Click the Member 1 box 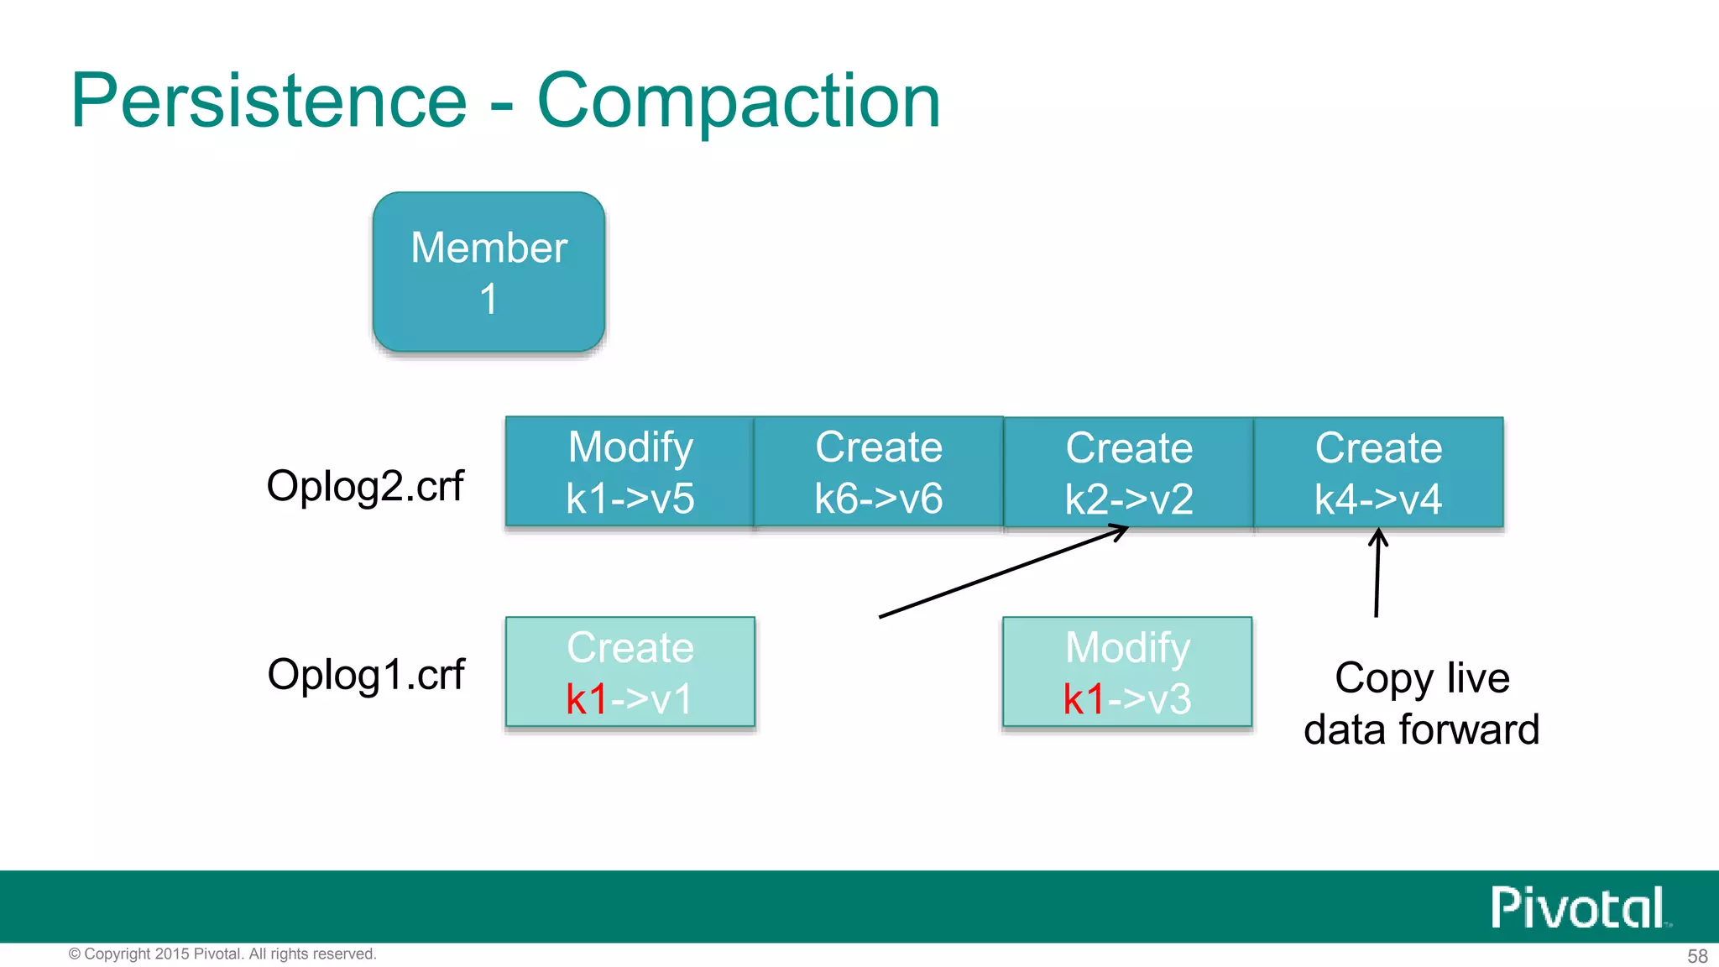click(489, 271)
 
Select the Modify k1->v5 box click(630, 472)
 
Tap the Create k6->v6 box click(879, 472)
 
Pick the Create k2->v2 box click(1129, 473)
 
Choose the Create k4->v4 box click(1378, 473)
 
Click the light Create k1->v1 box click(630, 672)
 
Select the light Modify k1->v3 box click(1127, 672)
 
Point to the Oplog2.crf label click(365, 486)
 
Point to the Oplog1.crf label click(365, 675)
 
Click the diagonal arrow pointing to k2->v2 click(1003, 572)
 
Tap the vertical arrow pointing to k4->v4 click(1377, 575)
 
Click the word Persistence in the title click(269, 101)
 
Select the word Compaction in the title click(739, 101)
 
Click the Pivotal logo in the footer click(1578, 907)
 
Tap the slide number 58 click(1697, 956)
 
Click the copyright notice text click(222, 954)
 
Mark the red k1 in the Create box click(586, 699)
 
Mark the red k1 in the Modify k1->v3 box click(1083, 699)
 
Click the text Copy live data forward click(1422, 703)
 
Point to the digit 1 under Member click(489, 300)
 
